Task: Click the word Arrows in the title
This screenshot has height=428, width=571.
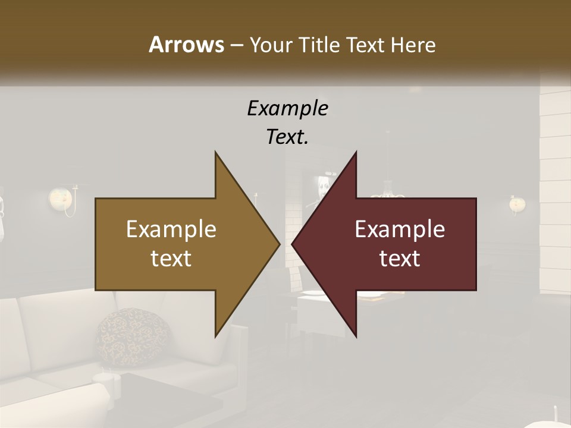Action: click(x=186, y=45)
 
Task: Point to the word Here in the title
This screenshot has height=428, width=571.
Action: click(x=413, y=45)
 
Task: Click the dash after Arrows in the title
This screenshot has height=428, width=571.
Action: click(x=236, y=45)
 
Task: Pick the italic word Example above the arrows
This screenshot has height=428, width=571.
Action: click(x=287, y=108)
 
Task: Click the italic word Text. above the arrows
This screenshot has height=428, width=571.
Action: click(x=287, y=137)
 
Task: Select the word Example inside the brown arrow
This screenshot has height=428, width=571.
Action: click(x=171, y=229)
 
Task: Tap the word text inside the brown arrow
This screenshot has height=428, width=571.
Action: click(x=171, y=258)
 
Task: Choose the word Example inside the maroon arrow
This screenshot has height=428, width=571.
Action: click(x=400, y=229)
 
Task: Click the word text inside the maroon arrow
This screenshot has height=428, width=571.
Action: click(x=400, y=258)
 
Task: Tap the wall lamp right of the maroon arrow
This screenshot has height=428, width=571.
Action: click(x=516, y=204)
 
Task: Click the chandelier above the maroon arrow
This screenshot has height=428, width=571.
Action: click(x=388, y=193)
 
